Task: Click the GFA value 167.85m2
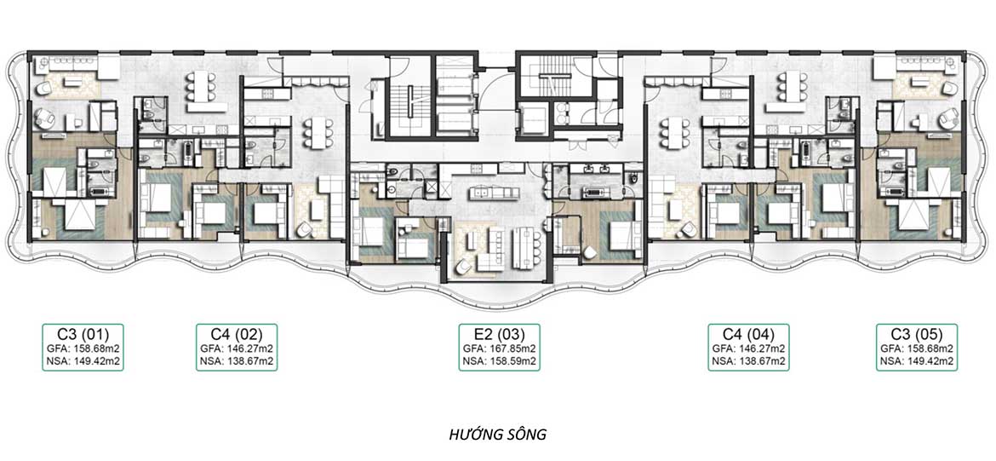click(x=512, y=349)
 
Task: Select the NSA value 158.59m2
click(x=513, y=361)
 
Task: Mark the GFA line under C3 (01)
click(x=83, y=349)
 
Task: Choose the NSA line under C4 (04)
click(x=749, y=361)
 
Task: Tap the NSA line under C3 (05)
click(x=917, y=361)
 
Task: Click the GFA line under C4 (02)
click(x=237, y=349)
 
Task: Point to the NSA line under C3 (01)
click(x=83, y=361)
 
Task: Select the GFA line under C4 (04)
click(x=749, y=349)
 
